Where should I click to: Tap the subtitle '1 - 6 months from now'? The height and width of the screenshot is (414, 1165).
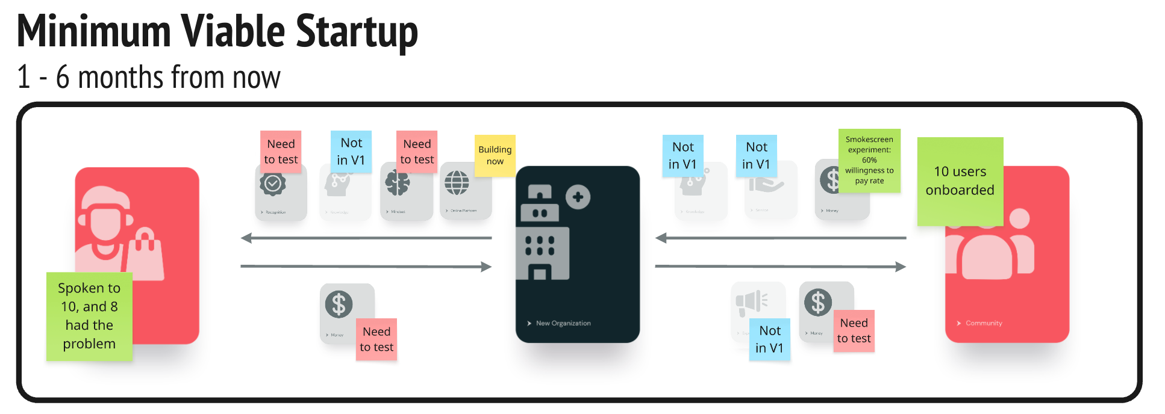[149, 78]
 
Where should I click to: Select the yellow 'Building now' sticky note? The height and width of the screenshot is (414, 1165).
[495, 155]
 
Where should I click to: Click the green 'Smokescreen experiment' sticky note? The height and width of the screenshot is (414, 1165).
[869, 160]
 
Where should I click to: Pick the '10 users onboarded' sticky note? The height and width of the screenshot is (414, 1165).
[960, 181]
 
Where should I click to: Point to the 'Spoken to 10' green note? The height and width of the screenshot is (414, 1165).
[89, 316]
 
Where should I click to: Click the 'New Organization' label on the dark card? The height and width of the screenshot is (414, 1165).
[563, 323]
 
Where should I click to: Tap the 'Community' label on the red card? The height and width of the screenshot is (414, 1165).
[983, 323]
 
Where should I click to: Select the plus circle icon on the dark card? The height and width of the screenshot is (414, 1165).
[578, 197]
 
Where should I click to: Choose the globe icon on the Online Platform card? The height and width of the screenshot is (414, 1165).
[457, 183]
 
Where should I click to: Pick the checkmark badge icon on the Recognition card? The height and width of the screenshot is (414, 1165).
[272, 184]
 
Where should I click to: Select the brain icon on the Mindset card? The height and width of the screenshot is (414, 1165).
[398, 184]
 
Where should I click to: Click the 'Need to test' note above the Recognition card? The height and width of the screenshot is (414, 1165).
[281, 152]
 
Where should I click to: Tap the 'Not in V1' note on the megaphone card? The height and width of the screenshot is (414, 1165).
[769, 339]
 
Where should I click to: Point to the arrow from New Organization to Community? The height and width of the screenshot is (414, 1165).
[780, 267]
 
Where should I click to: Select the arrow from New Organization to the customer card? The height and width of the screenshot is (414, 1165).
[366, 238]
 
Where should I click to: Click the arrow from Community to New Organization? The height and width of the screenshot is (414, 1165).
[780, 238]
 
